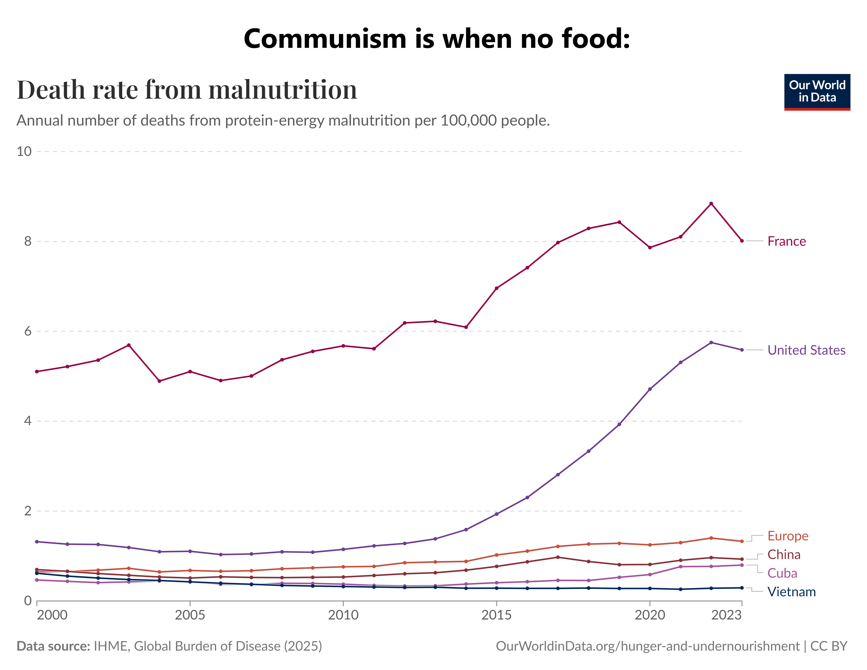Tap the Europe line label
click(x=788, y=536)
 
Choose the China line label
click(x=784, y=554)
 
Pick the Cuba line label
click(x=782, y=573)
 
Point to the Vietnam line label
click(x=791, y=592)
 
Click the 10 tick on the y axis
click(x=24, y=151)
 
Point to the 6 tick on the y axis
click(x=27, y=331)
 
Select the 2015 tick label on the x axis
click(x=496, y=615)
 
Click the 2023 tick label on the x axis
click(x=726, y=615)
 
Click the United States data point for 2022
click(x=711, y=342)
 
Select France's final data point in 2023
click(x=742, y=241)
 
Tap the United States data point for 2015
click(x=496, y=514)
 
